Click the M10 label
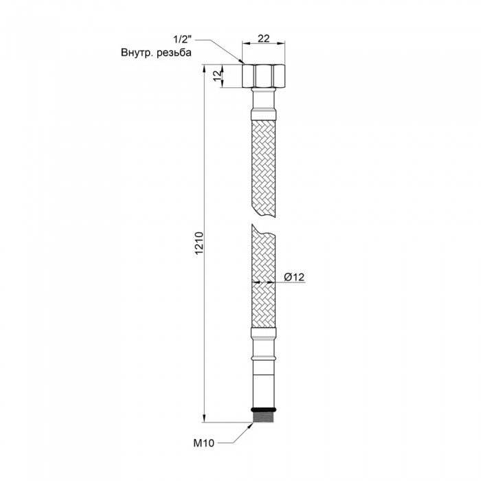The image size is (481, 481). tap(206, 444)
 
